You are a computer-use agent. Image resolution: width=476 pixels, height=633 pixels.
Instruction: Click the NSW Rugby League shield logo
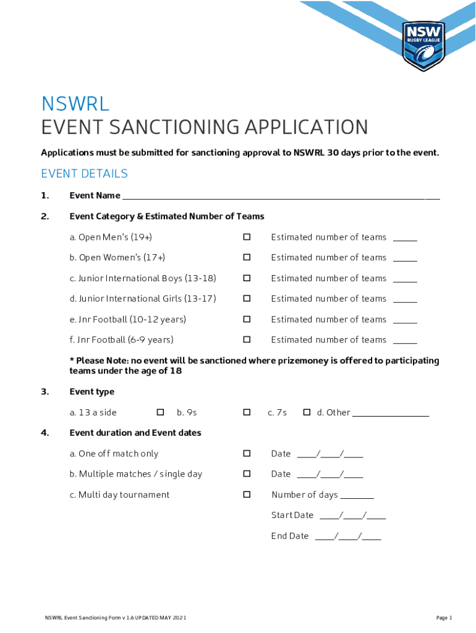pyautogui.click(x=423, y=46)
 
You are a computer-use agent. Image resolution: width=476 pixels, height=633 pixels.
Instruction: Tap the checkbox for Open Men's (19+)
pyautogui.click(x=247, y=237)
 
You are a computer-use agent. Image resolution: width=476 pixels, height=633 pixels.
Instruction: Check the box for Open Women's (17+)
pyautogui.click(x=247, y=257)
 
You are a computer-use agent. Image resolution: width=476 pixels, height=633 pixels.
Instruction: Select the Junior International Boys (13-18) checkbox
pyautogui.click(x=247, y=278)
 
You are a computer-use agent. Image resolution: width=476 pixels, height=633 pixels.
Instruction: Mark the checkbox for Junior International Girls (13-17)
pyautogui.click(x=247, y=299)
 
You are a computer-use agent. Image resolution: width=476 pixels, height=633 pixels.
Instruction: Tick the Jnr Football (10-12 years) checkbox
pyautogui.click(x=247, y=319)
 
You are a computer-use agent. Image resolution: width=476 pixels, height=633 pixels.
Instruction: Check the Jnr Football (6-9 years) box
pyautogui.click(x=247, y=339)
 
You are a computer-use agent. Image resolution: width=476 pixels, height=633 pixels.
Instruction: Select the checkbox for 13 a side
pyautogui.click(x=160, y=412)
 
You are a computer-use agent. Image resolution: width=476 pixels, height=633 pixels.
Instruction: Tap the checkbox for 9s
pyautogui.click(x=247, y=412)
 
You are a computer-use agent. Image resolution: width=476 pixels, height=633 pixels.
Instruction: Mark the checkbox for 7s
pyautogui.click(x=307, y=412)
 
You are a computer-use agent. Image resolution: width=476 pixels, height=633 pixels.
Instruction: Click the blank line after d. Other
pyautogui.click(x=391, y=413)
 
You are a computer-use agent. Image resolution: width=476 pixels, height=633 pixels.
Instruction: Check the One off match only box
pyautogui.click(x=247, y=453)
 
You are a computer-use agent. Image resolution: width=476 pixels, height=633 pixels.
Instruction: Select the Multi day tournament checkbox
pyautogui.click(x=247, y=495)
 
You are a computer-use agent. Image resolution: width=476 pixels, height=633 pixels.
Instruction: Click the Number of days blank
pyautogui.click(x=357, y=495)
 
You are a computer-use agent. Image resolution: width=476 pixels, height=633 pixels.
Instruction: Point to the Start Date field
pyautogui.click(x=353, y=516)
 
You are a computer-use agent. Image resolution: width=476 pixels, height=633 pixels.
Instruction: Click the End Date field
pyautogui.click(x=348, y=537)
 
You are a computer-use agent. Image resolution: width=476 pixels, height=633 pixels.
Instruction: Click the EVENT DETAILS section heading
pyautogui.click(x=84, y=174)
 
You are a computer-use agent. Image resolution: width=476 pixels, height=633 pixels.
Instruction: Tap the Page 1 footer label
pyautogui.click(x=444, y=618)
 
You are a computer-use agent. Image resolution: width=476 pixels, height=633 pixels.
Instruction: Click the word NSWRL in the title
pyautogui.click(x=75, y=104)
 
